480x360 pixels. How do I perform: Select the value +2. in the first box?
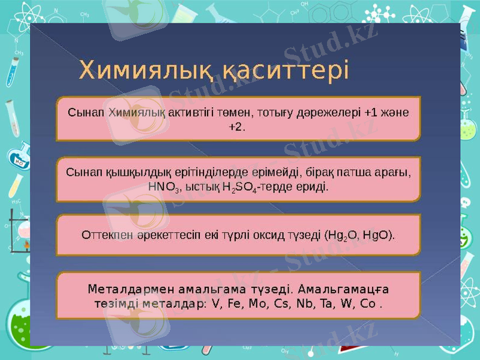[238, 127]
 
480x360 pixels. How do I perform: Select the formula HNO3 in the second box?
[163, 187]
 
